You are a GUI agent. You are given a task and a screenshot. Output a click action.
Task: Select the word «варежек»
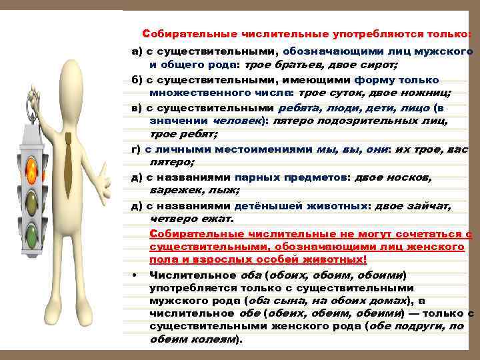(x=171, y=190)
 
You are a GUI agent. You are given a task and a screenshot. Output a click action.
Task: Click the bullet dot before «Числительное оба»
(x=135, y=275)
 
